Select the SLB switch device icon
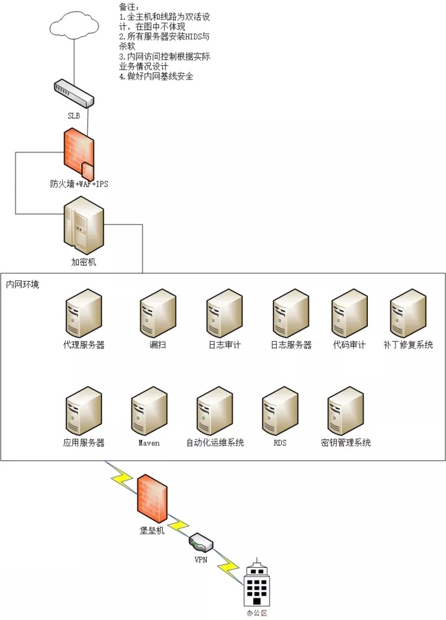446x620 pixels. (x=74, y=92)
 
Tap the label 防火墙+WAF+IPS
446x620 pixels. (x=79, y=184)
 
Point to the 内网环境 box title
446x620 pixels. (x=23, y=284)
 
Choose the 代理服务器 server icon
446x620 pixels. (x=84, y=313)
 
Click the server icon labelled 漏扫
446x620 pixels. (x=158, y=313)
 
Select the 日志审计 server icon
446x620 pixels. (x=224, y=313)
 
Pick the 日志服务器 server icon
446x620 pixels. (x=291, y=313)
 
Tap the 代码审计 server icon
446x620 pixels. (x=349, y=313)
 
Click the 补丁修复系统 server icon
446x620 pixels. (x=408, y=313)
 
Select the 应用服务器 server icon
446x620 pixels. (x=84, y=410)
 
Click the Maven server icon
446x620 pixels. (x=149, y=410)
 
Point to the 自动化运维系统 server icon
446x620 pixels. (x=215, y=410)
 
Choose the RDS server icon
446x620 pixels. (x=280, y=410)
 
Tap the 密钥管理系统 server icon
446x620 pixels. (x=346, y=410)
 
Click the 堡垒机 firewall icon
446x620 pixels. (x=153, y=498)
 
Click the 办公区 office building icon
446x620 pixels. (x=256, y=584)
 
